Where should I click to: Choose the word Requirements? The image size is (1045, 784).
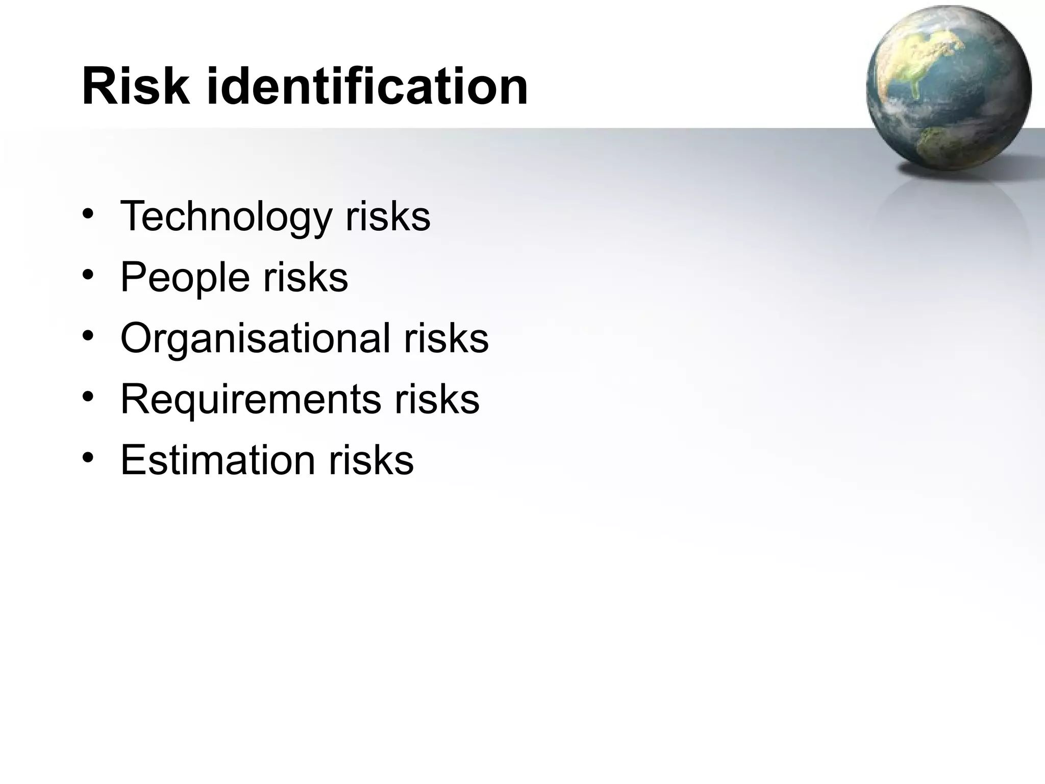(x=251, y=399)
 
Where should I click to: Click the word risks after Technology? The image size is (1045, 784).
(x=388, y=216)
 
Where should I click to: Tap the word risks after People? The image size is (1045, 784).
(x=306, y=277)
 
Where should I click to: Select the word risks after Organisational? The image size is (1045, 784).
(x=446, y=338)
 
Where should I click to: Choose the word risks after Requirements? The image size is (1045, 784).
(x=437, y=399)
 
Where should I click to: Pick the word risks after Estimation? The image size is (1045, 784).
(x=371, y=460)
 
